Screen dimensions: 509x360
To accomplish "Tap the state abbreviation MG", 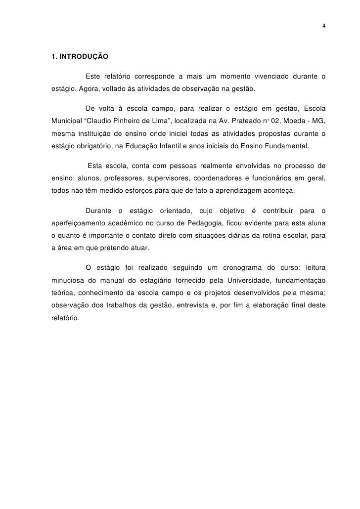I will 319,121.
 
